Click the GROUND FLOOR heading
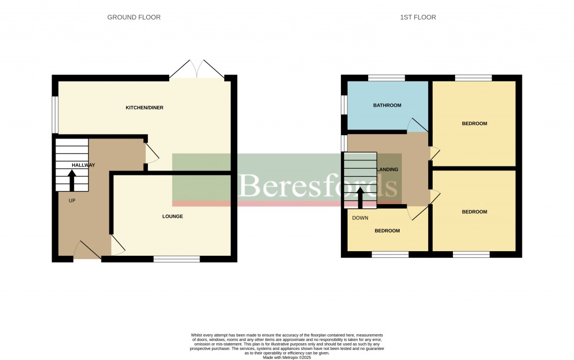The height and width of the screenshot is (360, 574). pos(134,17)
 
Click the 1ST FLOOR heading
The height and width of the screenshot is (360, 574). pos(418,17)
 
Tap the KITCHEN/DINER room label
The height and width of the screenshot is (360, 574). pos(144,108)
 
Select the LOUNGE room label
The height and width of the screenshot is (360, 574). pos(173,216)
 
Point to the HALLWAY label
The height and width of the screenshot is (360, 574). pos(83,165)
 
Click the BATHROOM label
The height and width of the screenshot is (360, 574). pos(387,105)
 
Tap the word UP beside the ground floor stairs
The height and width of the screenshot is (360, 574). pos(72,200)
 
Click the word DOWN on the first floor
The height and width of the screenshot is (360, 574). pos(360,218)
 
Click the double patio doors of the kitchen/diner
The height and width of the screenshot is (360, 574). pos(197,69)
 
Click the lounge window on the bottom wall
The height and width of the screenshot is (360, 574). pos(177,259)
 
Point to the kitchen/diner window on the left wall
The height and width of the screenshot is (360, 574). pos(55,115)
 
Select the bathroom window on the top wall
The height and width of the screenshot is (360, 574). pos(386,78)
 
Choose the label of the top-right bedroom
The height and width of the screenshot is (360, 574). pos(474,124)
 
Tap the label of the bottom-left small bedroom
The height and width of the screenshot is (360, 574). pos(387,231)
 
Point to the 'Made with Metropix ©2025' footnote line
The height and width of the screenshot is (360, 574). pos(286,357)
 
